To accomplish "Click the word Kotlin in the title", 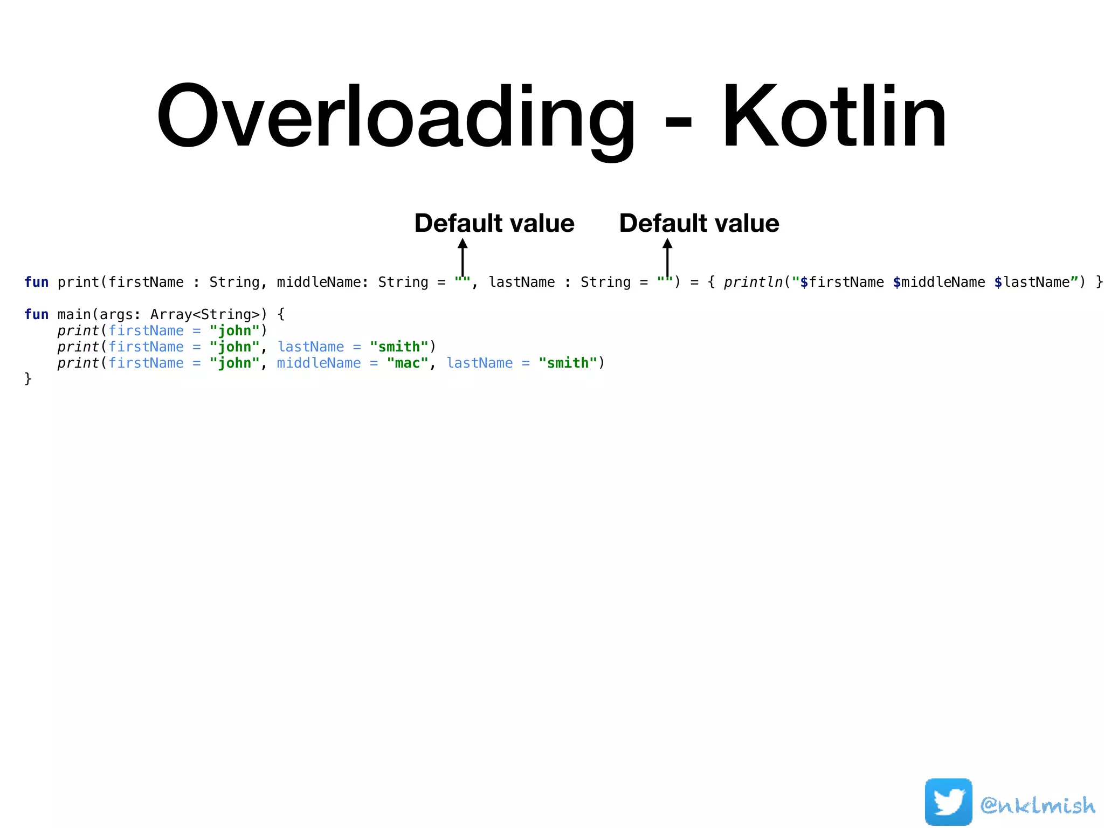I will (x=833, y=117).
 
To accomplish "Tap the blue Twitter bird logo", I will (x=948, y=802).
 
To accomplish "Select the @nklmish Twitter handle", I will (x=1038, y=805).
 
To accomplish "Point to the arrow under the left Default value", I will (x=463, y=257).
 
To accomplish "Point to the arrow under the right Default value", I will (x=667, y=257).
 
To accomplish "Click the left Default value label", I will (x=494, y=223).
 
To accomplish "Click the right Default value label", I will (x=699, y=223).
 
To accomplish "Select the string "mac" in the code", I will (x=408, y=363).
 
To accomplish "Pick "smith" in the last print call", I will (x=568, y=363).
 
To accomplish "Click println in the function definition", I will (x=753, y=282).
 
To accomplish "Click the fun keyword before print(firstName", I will (x=36, y=282).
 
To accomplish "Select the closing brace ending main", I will (x=28, y=379).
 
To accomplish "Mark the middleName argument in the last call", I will (x=319, y=363).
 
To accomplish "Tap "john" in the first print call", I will (x=234, y=331).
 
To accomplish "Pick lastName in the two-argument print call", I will (x=310, y=347).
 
